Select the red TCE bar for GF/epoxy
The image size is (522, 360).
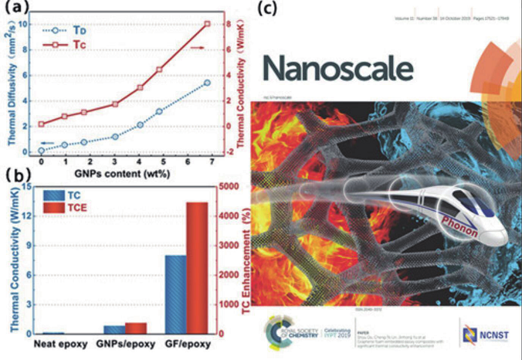pos(197,268)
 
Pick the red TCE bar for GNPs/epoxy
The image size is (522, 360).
pos(136,328)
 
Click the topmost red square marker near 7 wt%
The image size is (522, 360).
pos(206,24)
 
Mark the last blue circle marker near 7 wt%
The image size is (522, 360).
pos(206,83)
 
